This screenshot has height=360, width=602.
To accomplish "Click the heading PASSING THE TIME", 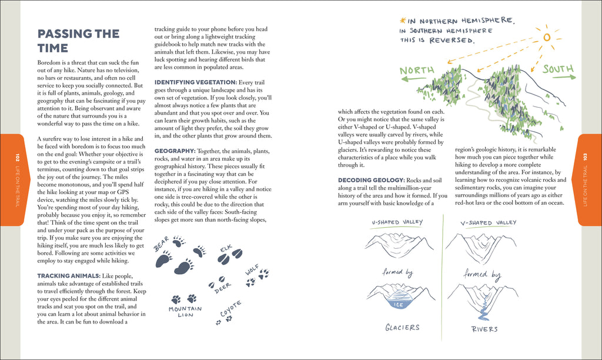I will click(x=78, y=41).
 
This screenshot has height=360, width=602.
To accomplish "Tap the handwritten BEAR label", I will click(x=161, y=244).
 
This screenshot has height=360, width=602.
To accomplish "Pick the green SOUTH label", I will click(x=557, y=69).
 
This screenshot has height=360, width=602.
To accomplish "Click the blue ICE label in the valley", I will click(x=398, y=305).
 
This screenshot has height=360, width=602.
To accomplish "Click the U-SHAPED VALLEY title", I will click(x=397, y=223).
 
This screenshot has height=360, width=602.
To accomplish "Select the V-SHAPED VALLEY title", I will click(x=480, y=223).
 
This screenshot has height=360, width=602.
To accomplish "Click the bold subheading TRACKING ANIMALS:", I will click(x=69, y=276).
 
